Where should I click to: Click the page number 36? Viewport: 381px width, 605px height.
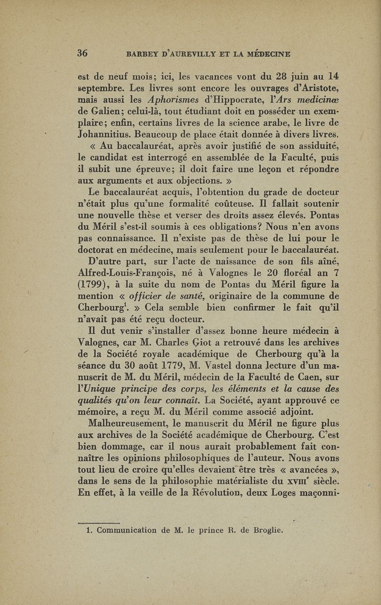(x=83, y=53)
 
